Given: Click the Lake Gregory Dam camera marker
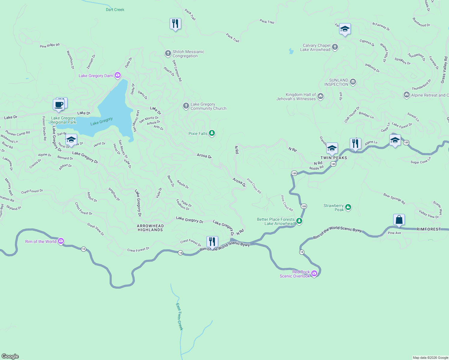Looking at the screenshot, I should pos(118,75).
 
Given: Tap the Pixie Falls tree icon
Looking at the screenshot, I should pos(212,133).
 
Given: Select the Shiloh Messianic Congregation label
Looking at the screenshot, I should pos(188,54).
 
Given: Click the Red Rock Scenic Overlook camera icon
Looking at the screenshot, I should pos(314,273).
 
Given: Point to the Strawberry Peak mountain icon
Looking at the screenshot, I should pos(348,207).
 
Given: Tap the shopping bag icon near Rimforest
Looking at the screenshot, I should pos(399,220).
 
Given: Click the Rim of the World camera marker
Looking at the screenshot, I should pos(61,241).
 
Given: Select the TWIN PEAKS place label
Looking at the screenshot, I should pos(334,158).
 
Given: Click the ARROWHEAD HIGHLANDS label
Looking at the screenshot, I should pos(150,228).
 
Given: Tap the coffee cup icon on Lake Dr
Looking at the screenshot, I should pos(59,105).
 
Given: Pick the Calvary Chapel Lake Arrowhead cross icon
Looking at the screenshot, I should pos(335,47).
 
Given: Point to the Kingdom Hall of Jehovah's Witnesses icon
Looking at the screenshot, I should pos(321,96).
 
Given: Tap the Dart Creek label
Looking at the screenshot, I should pos(115,10).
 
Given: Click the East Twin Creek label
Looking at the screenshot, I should pos(179,316).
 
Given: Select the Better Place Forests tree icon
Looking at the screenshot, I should pos(299,221).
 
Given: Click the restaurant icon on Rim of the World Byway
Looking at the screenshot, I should pos(212,241).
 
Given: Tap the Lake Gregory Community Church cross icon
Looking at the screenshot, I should pos(186,106).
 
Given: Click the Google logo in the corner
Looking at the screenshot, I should pos(10,356).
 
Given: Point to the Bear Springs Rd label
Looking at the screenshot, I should pos(394,199).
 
